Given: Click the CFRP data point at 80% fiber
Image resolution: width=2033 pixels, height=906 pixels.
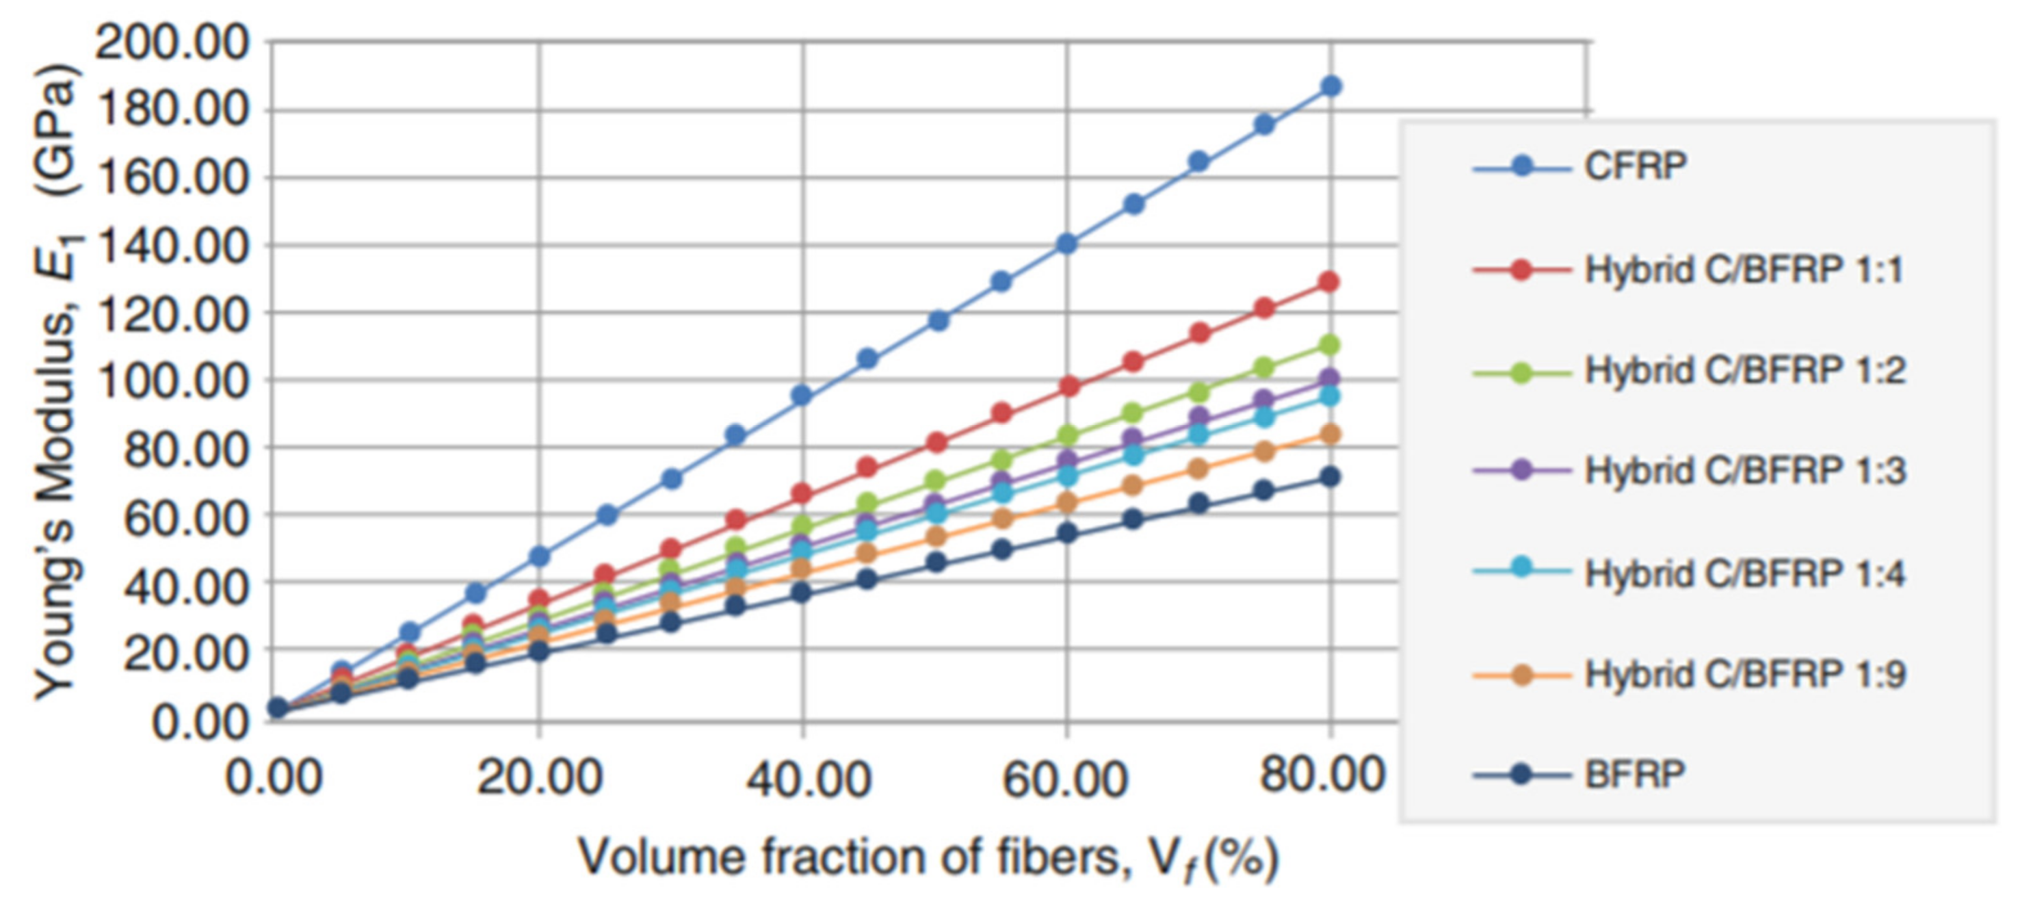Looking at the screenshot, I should click(x=1330, y=86).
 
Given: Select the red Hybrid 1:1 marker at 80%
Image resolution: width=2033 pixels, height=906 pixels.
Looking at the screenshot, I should click(x=1329, y=282).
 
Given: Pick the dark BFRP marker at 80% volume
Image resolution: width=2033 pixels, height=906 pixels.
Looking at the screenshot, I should click(x=1330, y=477).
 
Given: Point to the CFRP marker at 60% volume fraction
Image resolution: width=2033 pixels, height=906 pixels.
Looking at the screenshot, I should click(x=1067, y=244).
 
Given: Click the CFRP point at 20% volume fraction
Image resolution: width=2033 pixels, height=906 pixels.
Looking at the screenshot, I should click(x=539, y=557).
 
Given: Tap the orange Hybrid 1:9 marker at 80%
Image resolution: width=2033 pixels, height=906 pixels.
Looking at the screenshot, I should click(x=1330, y=434).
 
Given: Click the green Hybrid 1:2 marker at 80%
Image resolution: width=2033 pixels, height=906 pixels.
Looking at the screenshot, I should click(x=1330, y=345).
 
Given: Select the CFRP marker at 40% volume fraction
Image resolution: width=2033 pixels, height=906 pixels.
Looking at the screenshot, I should click(x=802, y=396).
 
